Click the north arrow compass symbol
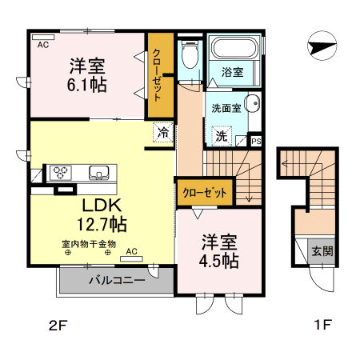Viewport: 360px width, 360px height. tap(322, 46)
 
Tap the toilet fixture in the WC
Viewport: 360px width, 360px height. tap(190, 55)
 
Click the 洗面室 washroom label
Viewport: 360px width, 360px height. tap(226, 108)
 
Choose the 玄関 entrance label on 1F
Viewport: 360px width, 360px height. tap(323, 250)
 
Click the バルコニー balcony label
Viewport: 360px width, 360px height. tap(116, 281)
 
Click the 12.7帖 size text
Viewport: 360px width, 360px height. tap(100, 223)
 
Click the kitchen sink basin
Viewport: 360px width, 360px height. tap(99, 171)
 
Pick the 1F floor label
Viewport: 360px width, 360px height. tap(322, 326)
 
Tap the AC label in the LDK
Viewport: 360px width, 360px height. tap(131, 251)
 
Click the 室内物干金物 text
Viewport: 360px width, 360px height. tap(88, 243)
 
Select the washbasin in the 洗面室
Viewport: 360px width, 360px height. tap(250, 104)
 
